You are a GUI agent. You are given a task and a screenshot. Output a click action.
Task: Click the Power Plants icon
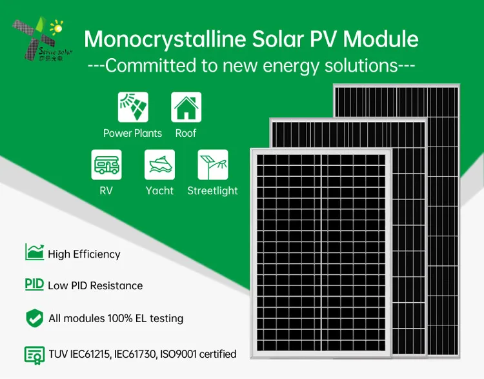133,107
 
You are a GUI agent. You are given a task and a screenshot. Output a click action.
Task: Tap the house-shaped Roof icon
186,107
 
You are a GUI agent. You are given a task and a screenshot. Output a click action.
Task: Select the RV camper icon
106,165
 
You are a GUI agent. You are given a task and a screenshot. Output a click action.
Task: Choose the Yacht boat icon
159,165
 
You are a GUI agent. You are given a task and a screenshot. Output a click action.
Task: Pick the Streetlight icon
212,165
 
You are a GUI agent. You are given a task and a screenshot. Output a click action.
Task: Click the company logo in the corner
39,39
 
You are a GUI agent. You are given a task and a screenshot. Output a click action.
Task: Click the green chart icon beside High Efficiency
34,252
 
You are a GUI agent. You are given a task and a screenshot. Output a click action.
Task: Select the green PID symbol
34,284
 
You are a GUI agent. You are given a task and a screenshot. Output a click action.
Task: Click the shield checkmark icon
34,318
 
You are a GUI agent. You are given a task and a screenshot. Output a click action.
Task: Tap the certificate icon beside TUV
34,354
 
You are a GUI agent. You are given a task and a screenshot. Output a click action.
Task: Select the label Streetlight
212,190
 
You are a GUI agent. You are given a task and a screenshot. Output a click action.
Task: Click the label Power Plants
132,133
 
